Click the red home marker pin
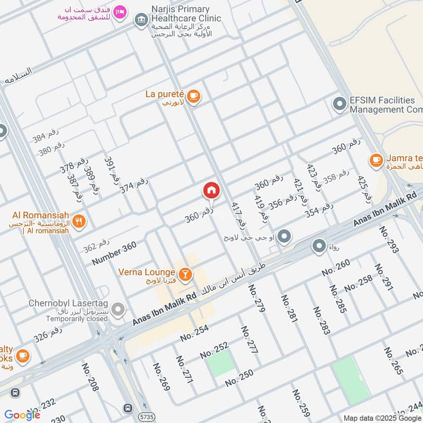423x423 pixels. (211, 190)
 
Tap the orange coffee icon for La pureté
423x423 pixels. (194, 96)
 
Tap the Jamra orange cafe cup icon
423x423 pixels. (376, 159)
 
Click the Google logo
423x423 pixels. (22, 415)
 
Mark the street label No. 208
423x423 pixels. (90, 376)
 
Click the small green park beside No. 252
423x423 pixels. (221, 364)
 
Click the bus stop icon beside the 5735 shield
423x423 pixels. (127, 408)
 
